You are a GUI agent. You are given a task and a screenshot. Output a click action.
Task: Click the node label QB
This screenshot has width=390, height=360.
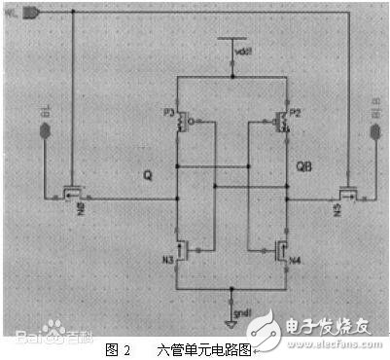tap(302, 168)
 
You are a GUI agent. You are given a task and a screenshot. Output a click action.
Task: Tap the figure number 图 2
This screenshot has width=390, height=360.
tap(117, 347)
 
